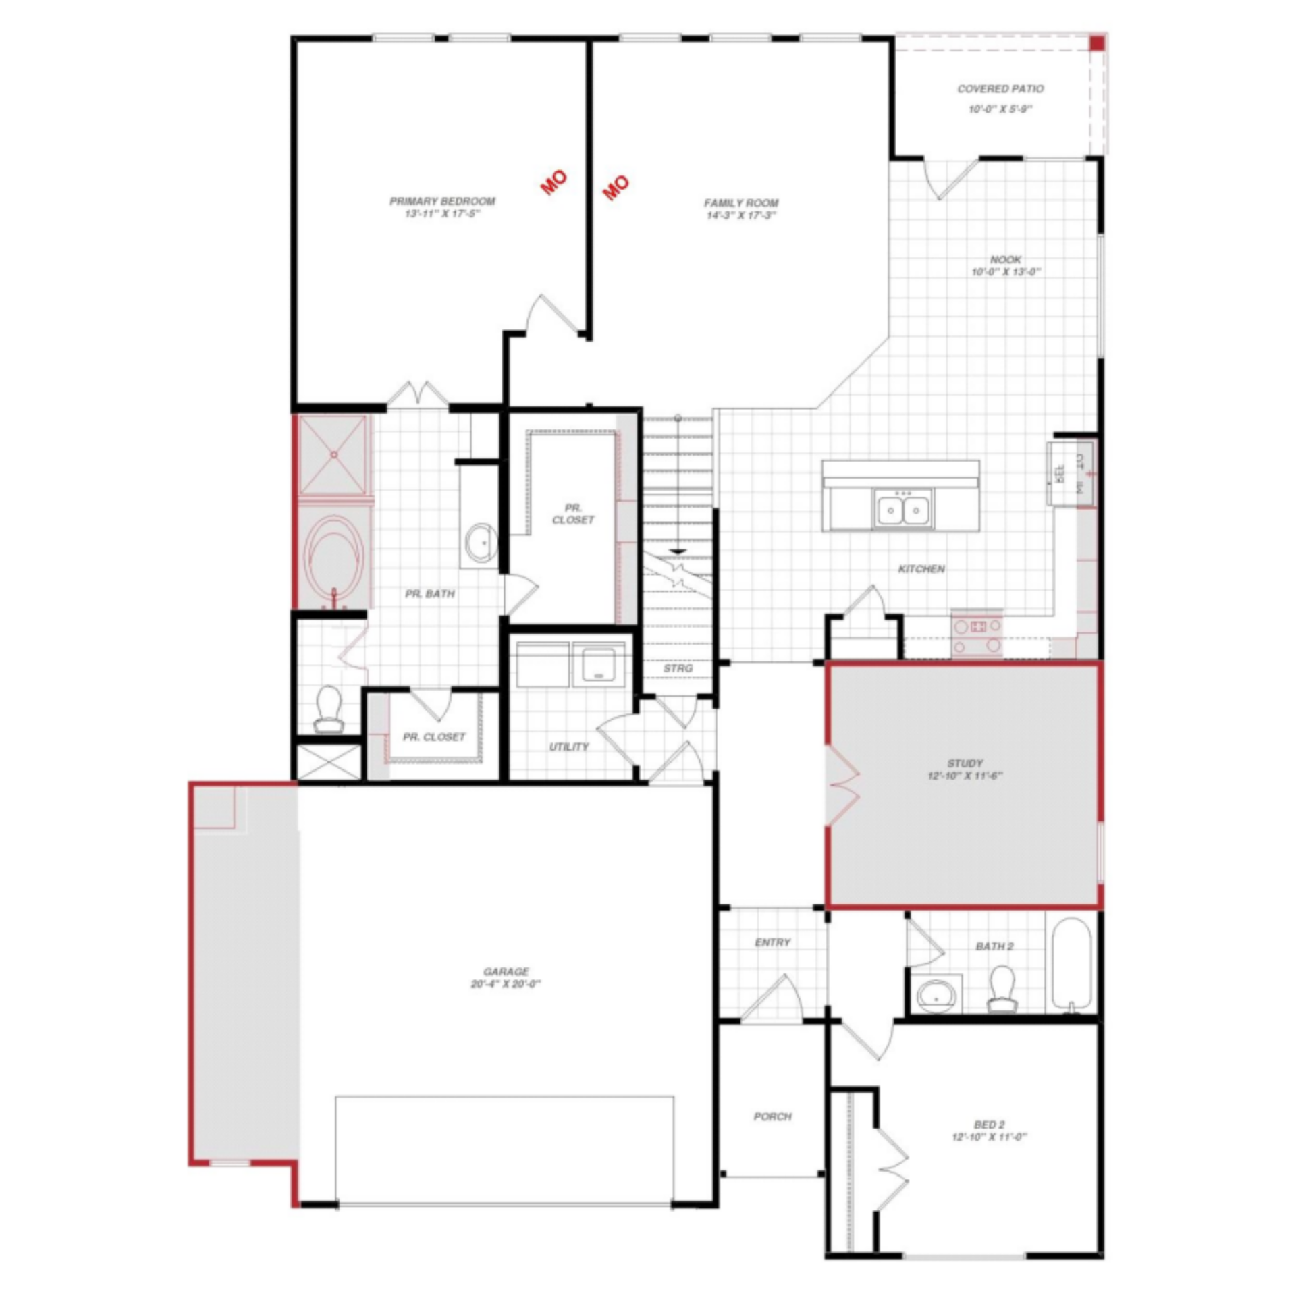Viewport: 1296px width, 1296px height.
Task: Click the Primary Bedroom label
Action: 442,201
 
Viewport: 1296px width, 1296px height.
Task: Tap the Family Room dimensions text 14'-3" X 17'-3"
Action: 740,215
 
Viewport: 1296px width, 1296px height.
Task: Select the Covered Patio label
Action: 1000,89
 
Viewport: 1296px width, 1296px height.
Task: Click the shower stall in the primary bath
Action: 334,456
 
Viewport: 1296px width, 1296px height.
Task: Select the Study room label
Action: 965,763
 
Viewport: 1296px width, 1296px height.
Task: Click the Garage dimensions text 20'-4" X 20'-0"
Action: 506,984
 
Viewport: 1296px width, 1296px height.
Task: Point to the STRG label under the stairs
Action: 678,668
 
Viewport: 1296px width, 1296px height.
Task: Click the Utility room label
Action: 568,747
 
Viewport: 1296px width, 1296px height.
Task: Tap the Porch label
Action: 772,1117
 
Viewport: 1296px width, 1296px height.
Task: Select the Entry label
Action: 772,942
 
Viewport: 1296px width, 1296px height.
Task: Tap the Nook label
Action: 1005,259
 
